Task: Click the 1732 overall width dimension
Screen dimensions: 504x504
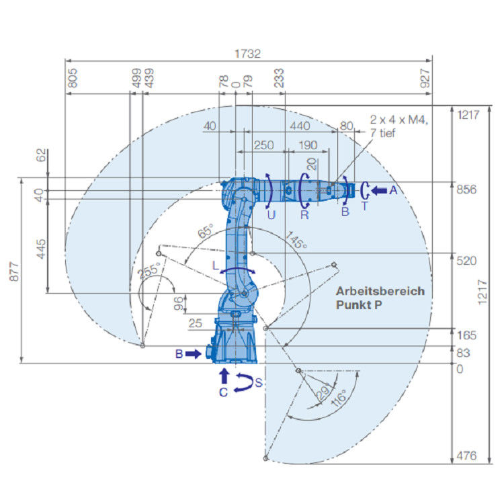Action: pyautogui.click(x=247, y=53)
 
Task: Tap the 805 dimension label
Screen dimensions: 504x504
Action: pyautogui.click(x=73, y=78)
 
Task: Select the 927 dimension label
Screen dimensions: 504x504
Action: pyautogui.click(x=425, y=78)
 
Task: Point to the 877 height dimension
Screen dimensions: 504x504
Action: pyautogui.click(x=14, y=271)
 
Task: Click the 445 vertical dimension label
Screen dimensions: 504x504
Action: pyautogui.click(x=41, y=249)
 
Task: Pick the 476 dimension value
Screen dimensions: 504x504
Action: pyautogui.click(x=466, y=456)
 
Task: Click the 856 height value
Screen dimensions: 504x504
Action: pyautogui.click(x=466, y=190)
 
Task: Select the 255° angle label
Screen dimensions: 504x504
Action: pyautogui.click(x=149, y=271)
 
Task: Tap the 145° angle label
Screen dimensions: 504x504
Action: pyautogui.click(x=296, y=240)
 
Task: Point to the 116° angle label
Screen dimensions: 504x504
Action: pyautogui.click(x=339, y=398)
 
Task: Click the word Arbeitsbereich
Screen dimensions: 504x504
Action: pyautogui.click(x=380, y=291)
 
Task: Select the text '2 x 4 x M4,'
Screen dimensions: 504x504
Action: pyautogui.click(x=399, y=120)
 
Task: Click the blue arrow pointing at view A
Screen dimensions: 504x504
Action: pyautogui.click(x=379, y=191)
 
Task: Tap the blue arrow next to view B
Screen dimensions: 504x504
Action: pyautogui.click(x=193, y=354)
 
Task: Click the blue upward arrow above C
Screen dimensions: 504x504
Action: pyautogui.click(x=224, y=376)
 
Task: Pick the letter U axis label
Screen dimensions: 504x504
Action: pyautogui.click(x=271, y=215)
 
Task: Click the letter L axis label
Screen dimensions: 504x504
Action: pyautogui.click(x=216, y=265)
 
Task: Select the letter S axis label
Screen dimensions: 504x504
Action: pyautogui.click(x=259, y=382)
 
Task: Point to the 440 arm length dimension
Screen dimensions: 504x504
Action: pyautogui.click(x=300, y=126)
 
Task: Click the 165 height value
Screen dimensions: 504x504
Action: pyautogui.click(x=466, y=335)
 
